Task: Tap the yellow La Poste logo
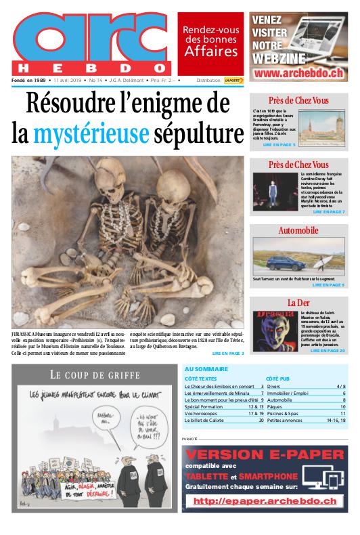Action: pyautogui.click(x=234, y=80)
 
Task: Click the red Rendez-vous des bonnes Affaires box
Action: pyautogui.click(x=210, y=42)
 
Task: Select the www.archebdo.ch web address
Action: pyautogui.click(x=298, y=72)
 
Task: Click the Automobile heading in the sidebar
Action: pyautogui.click(x=298, y=231)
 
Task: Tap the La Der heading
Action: pyautogui.click(x=298, y=302)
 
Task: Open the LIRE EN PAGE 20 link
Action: pyautogui.click(x=328, y=351)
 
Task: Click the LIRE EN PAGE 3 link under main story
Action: pyautogui.click(x=227, y=353)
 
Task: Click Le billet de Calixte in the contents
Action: pyautogui.click(x=206, y=420)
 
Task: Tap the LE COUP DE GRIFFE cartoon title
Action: pyautogui.click(x=95, y=374)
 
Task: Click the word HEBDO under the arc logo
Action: pyautogui.click(x=90, y=68)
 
